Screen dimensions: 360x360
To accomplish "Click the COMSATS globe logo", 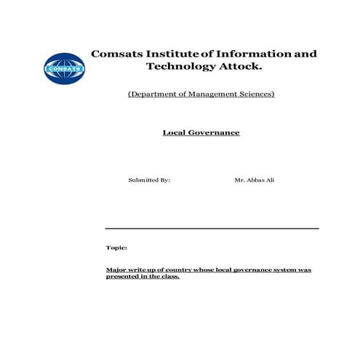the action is tap(64, 69).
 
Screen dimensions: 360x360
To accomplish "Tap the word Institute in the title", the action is tap(173, 54).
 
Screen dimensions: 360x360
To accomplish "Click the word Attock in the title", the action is tap(240, 67).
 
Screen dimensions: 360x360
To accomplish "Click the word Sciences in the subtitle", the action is tap(256, 95).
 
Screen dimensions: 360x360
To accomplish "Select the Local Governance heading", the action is tap(201, 133).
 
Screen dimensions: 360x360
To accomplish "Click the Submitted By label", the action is tap(149, 179).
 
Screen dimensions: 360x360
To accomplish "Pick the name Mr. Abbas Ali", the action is tap(255, 179).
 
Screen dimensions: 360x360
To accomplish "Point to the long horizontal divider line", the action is tap(212, 228).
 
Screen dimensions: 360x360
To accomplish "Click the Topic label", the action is tap(116, 247).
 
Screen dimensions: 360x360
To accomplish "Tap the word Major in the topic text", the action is tap(115, 269).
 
